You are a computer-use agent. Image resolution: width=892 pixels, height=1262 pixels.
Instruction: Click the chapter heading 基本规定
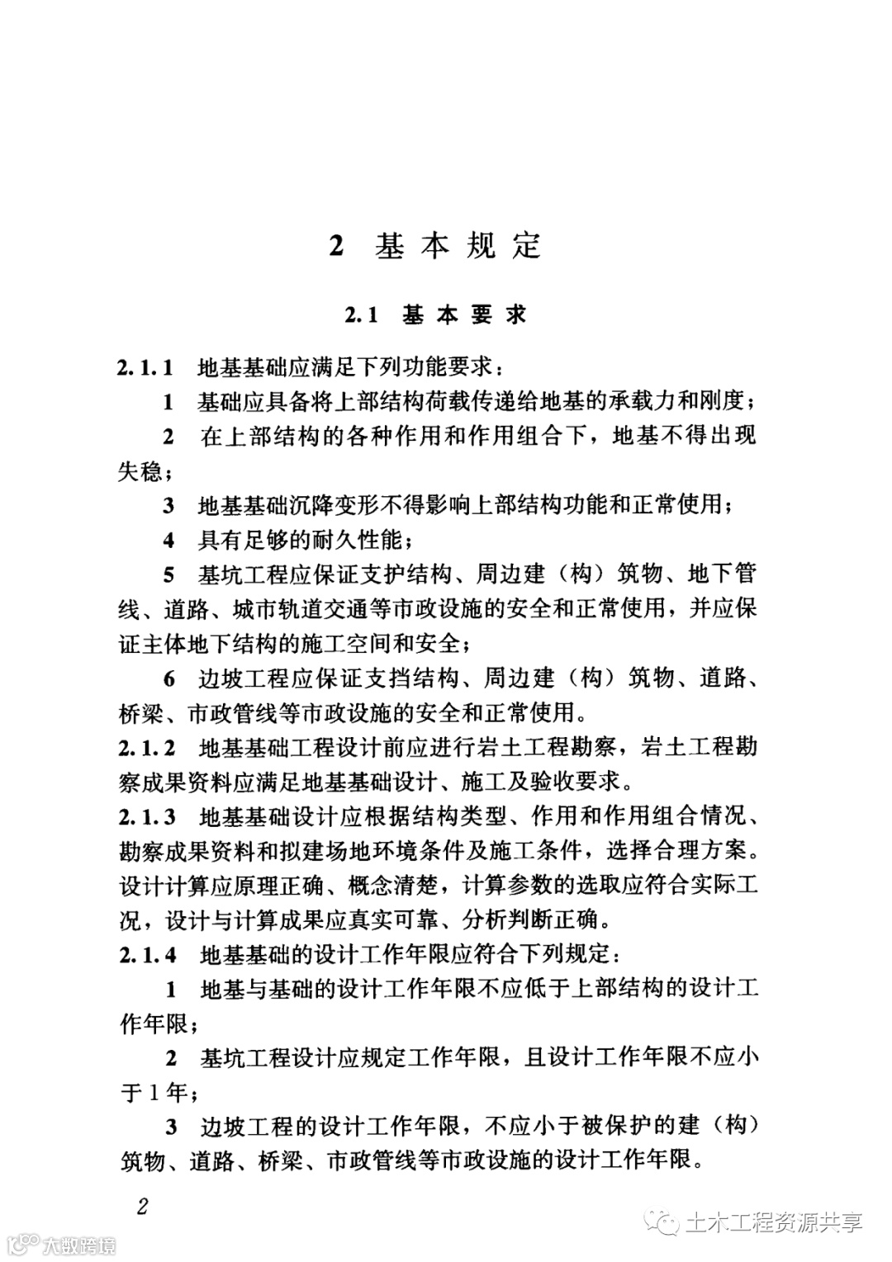point(458,246)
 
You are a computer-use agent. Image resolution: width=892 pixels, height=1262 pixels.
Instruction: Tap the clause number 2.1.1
point(145,366)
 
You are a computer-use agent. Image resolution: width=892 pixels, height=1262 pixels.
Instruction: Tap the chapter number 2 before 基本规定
point(335,246)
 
